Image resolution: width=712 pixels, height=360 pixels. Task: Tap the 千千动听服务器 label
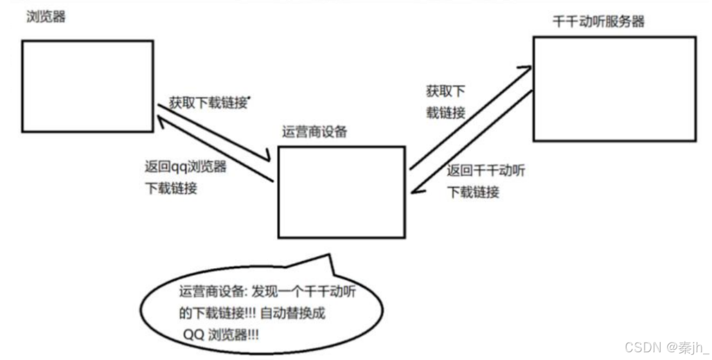click(x=598, y=22)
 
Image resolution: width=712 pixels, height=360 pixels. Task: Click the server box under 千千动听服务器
click(x=614, y=88)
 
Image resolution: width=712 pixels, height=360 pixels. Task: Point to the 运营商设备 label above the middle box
click(x=314, y=132)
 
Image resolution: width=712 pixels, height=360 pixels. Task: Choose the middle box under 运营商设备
click(x=341, y=191)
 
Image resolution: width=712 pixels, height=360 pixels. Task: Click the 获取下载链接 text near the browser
click(x=208, y=102)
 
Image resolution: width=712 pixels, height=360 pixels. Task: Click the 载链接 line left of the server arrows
click(x=446, y=113)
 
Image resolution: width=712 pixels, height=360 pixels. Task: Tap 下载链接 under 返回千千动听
click(x=473, y=192)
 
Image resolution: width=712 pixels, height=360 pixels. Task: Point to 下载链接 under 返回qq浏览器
click(x=172, y=189)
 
